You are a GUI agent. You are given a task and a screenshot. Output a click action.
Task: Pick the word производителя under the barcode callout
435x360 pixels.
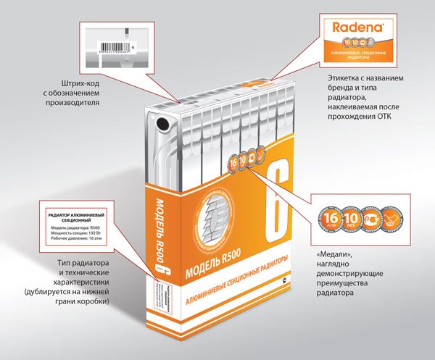coord(76,103)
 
